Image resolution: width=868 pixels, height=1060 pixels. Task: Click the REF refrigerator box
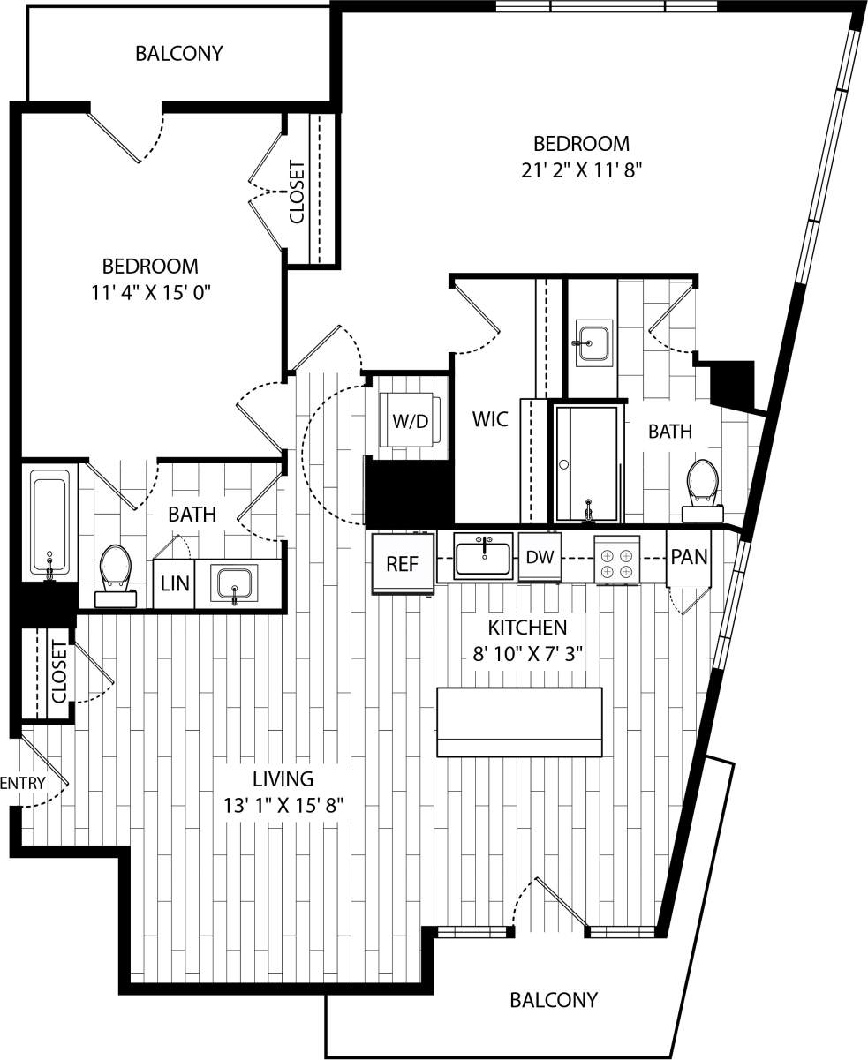(x=402, y=564)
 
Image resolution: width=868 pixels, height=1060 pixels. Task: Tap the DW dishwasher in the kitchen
(x=540, y=558)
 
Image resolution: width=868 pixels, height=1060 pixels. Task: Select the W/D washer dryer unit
(x=410, y=421)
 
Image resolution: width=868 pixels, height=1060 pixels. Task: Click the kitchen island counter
(x=519, y=721)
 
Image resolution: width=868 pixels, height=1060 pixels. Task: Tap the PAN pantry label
(x=689, y=557)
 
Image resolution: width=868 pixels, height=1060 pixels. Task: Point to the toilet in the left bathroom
(x=116, y=573)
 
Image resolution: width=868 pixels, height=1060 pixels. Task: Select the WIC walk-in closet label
(x=490, y=419)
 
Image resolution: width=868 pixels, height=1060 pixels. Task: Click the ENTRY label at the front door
(x=23, y=783)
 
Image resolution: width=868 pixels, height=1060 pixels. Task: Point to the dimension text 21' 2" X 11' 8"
(x=580, y=170)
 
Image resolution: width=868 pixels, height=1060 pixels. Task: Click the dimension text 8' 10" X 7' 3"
(x=527, y=654)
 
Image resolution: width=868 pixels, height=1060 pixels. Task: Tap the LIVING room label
(x=283, y=779)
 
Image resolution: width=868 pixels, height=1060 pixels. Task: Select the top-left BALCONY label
(x=178, y=54)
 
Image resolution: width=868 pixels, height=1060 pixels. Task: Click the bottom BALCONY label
(x=554, y=1000)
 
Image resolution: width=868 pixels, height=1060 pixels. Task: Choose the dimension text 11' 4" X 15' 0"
(x=150, y=292)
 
